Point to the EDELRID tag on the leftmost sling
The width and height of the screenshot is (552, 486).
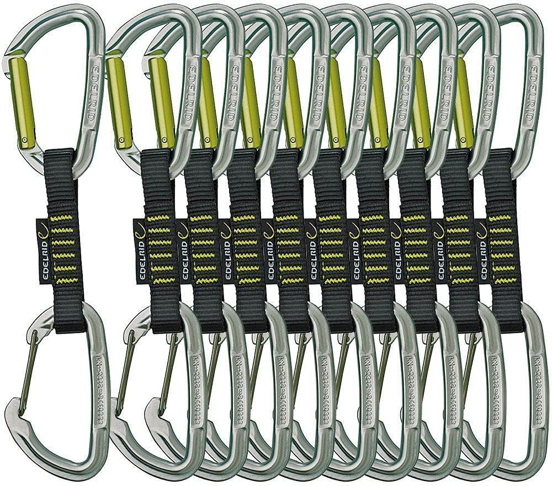tap(43, 251)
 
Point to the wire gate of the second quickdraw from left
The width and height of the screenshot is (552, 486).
tap(123, 364)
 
